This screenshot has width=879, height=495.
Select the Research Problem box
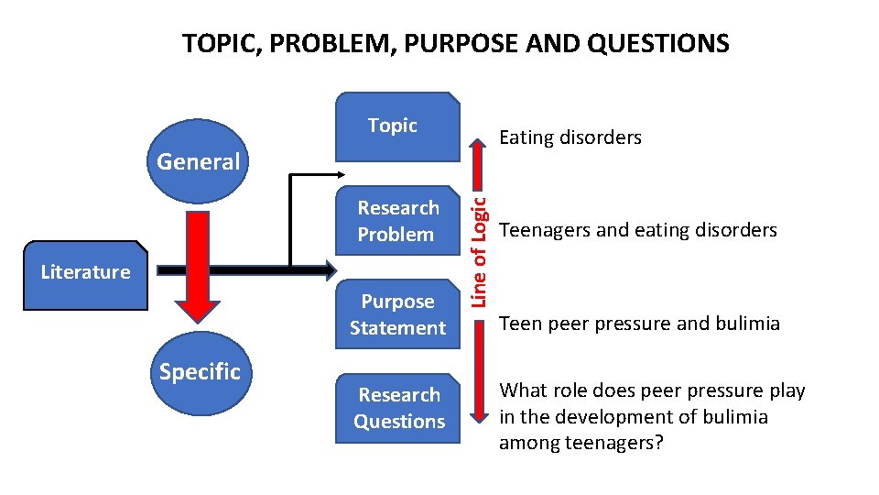point(396,221)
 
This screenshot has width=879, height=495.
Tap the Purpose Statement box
point(397,314)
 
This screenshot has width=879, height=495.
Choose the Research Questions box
point(398,408)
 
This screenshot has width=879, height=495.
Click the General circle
point(198,162)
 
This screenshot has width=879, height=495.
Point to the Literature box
point(86,272)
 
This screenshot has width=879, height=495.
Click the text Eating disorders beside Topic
point(570,137)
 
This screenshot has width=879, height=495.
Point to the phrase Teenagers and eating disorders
point(637,230)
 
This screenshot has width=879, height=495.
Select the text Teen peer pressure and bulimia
point(638,324)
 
